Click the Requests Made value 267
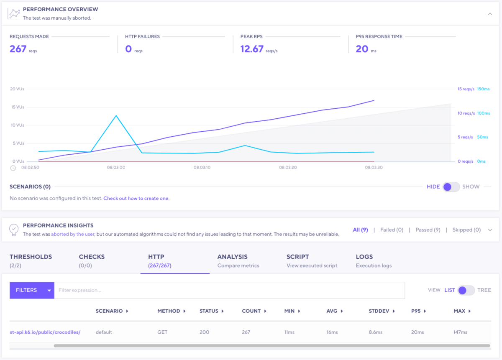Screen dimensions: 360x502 point(18,49)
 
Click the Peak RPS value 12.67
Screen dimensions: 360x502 point(252,49)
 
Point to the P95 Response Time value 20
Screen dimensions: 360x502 point(362,49)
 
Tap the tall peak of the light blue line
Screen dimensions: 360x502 point(116,116)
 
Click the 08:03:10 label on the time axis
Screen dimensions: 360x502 point(202,167)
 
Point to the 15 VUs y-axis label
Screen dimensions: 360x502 point(17,107)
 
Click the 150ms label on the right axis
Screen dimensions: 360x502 point(483,89)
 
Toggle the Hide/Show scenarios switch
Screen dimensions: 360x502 point(451,187)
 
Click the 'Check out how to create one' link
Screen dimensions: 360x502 point(136,198)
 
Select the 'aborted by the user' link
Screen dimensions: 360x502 point(73,234)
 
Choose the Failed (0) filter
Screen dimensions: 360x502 point(392,230)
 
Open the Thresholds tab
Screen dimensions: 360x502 point(31,260)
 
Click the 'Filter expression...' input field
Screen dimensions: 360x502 point(229,290)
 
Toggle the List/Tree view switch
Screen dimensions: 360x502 point(466,290)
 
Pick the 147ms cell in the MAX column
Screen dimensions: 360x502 point(460,332)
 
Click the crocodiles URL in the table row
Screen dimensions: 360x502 point(45,332)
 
